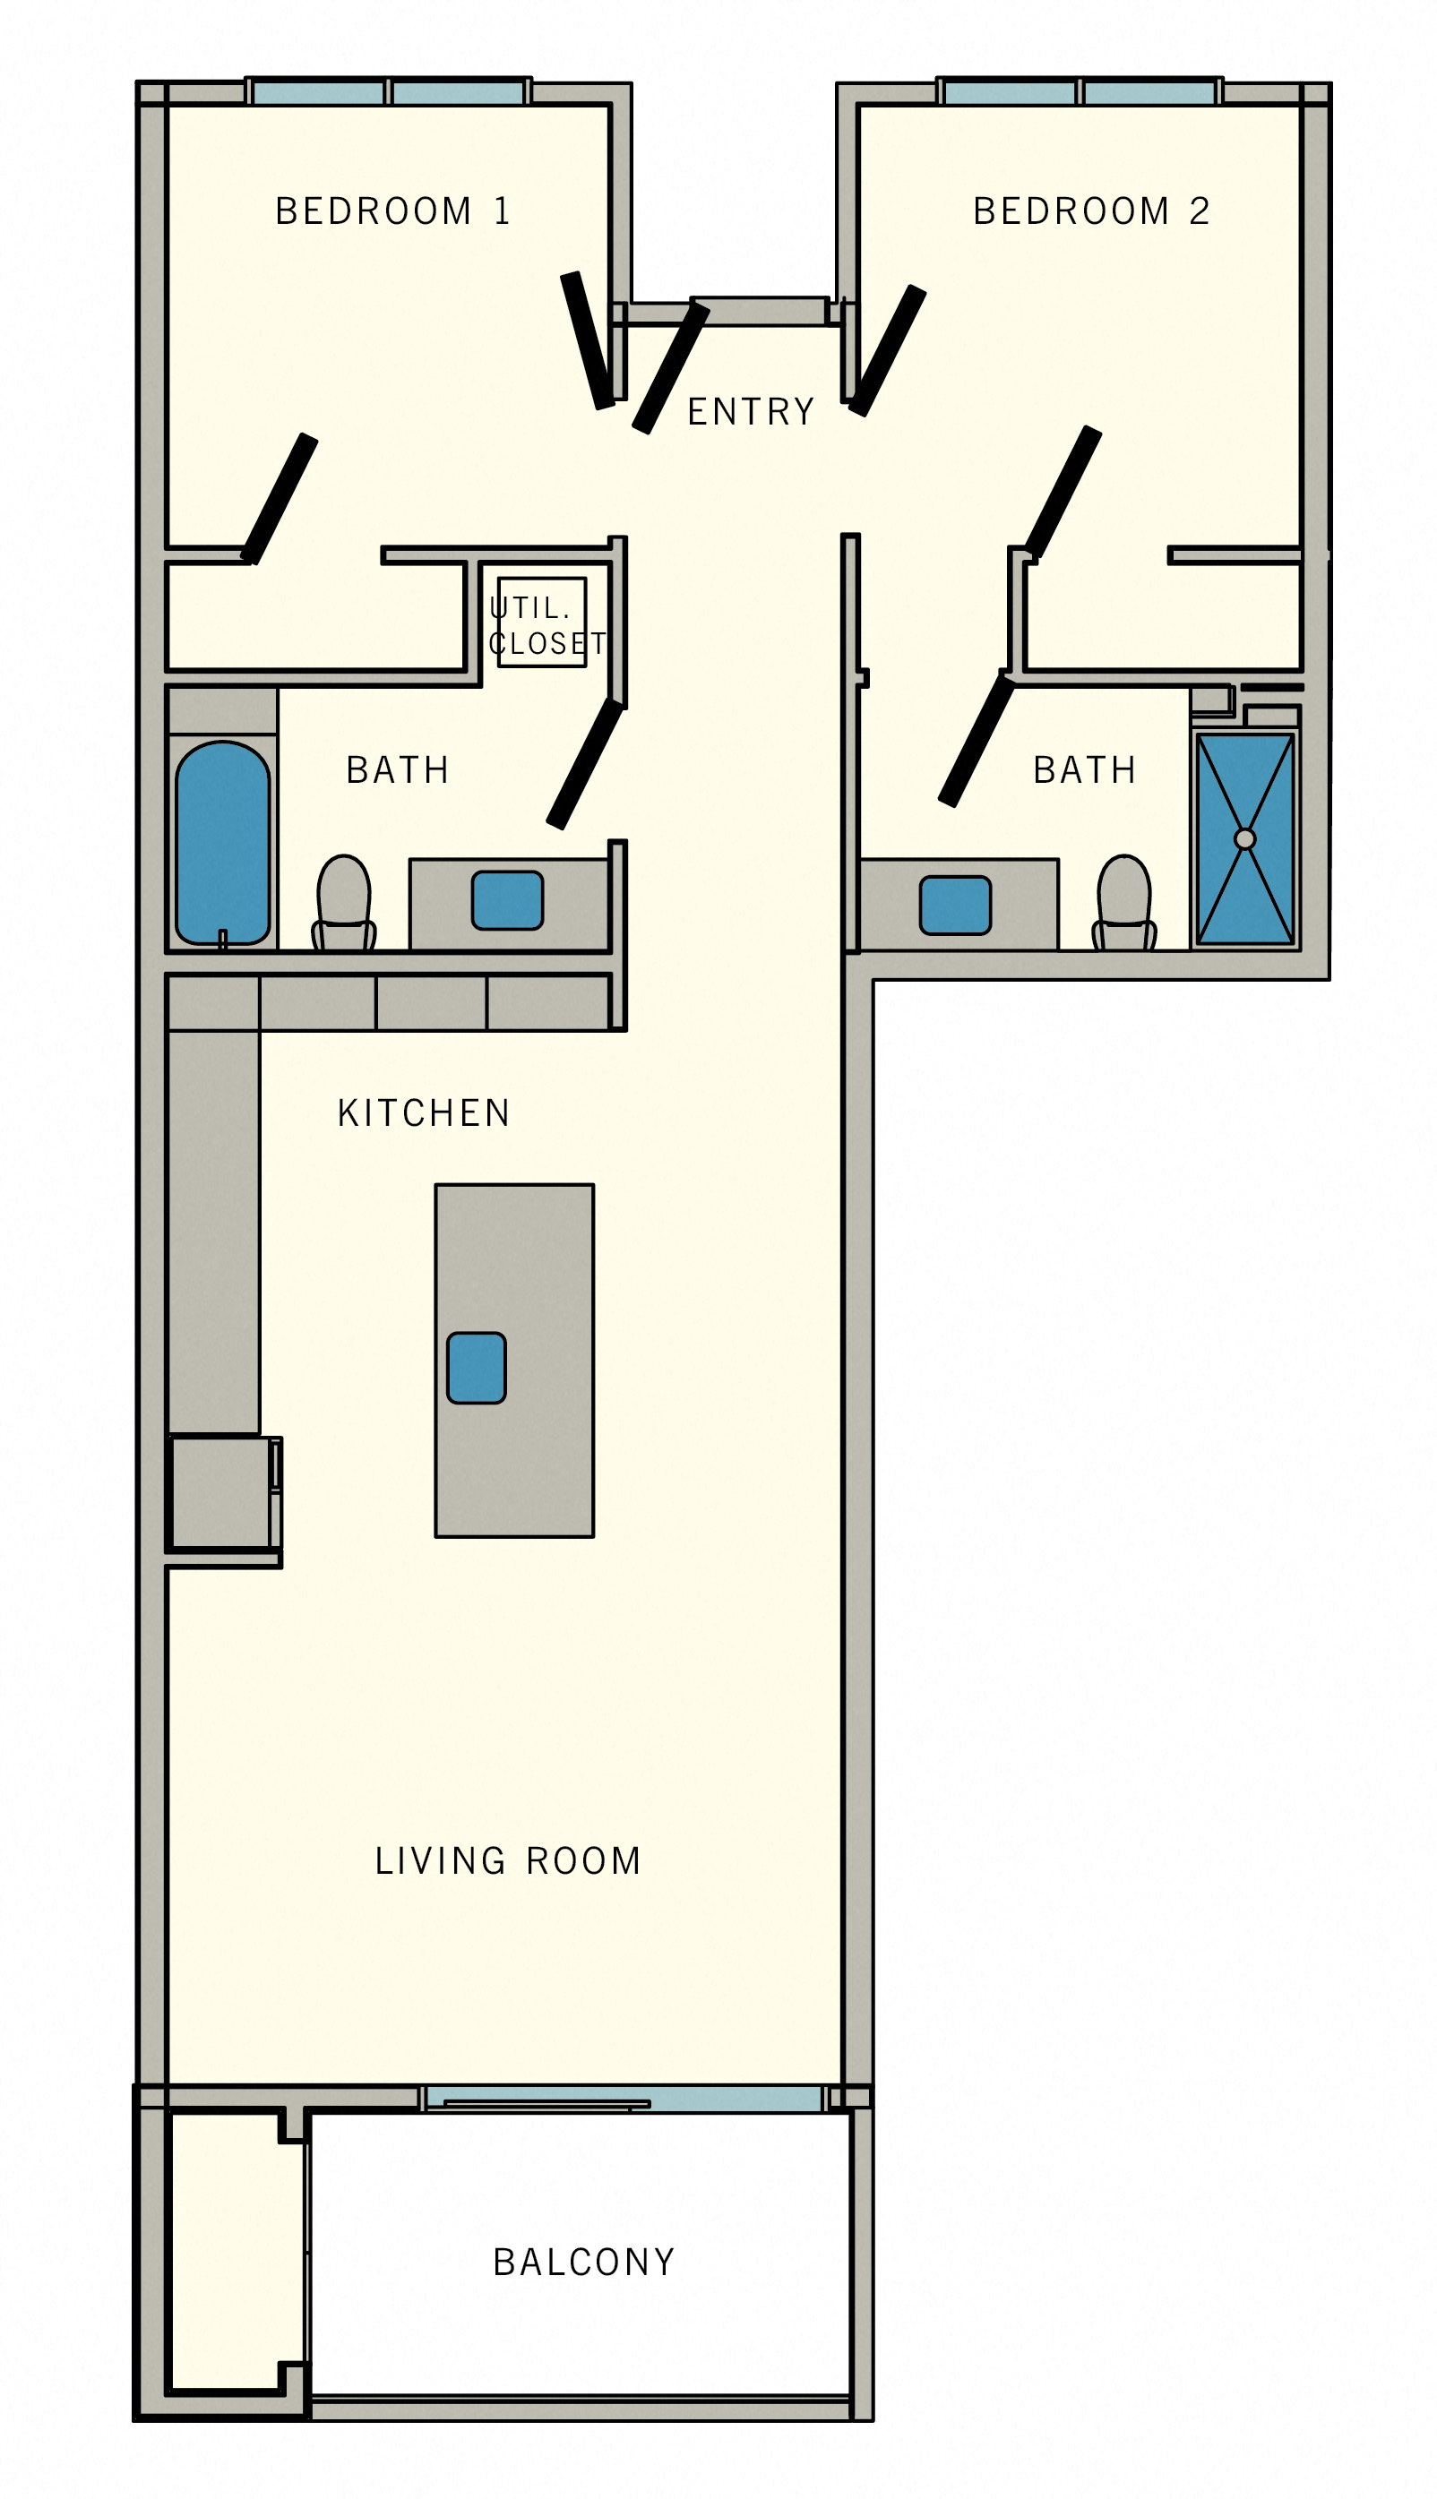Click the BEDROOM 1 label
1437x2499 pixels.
click(x=392, y=211)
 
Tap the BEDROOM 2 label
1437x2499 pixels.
click(x=1090, y=211)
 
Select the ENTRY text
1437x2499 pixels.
click(x=750, y=411)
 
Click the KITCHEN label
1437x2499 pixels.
click(x=424, y=1112)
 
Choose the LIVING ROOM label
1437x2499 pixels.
click(x=507, y=1860)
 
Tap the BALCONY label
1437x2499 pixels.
click(x=583, y=2263)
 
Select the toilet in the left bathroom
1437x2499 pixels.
click(x=343, y=903)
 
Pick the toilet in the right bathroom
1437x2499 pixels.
click(x=1124, y=903)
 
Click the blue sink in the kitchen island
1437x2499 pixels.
click(x=476, y=1368)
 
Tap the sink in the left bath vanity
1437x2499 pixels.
click(x=507, y=900)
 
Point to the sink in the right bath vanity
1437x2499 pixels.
click(x=954, y=905)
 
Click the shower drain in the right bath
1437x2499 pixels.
click(x=1244, y=838)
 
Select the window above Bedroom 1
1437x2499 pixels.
click(x=388, y=94)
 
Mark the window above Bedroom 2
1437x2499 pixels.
click(x=1080, y=94)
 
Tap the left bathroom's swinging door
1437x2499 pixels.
click(x=585, y=764)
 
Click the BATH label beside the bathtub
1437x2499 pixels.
click(x=397, y=769)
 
